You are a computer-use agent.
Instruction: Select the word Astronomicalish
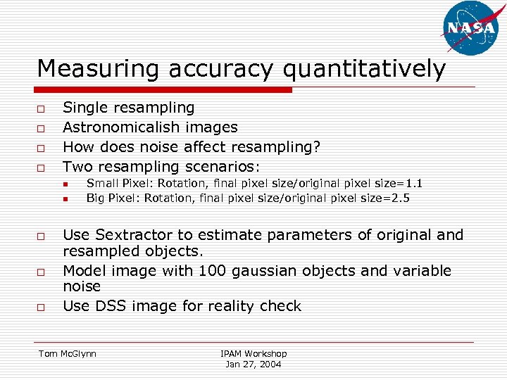[x=123, y=127]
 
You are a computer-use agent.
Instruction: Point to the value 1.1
[x=413, y=184]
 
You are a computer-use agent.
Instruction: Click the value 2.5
[x=399, y=198]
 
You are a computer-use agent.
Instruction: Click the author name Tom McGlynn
[x=67, y=353]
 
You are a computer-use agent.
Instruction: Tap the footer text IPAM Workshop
[x=254, y=353]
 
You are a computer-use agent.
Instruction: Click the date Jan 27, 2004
[x=254, y=364]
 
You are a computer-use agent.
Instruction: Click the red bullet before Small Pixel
[x=63, y=184]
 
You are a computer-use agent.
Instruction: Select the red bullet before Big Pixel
[x=63, y=198]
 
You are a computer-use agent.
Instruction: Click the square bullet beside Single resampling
[x=42, y=109]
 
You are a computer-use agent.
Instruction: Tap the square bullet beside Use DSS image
[x=42, y=308]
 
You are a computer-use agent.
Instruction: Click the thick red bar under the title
[x=164, y=90]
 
